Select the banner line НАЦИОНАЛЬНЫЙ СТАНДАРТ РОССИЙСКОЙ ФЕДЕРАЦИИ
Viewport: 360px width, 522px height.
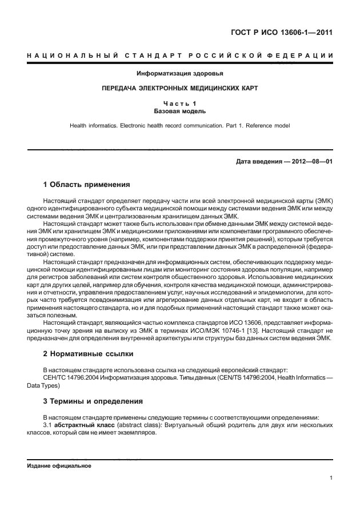click(x=180, y=55)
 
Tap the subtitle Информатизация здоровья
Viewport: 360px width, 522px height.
click(x=180, y=74)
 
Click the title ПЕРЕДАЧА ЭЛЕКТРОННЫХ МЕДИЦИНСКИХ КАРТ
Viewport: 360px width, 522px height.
click(x=180, y=89)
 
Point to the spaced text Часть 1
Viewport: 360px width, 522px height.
click(x=180, y=103)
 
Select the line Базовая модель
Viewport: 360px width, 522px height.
click(x=180, y=111)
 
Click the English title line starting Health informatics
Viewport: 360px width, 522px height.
click(x=180, y=125)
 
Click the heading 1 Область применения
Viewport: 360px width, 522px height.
click(x=87, y=185)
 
